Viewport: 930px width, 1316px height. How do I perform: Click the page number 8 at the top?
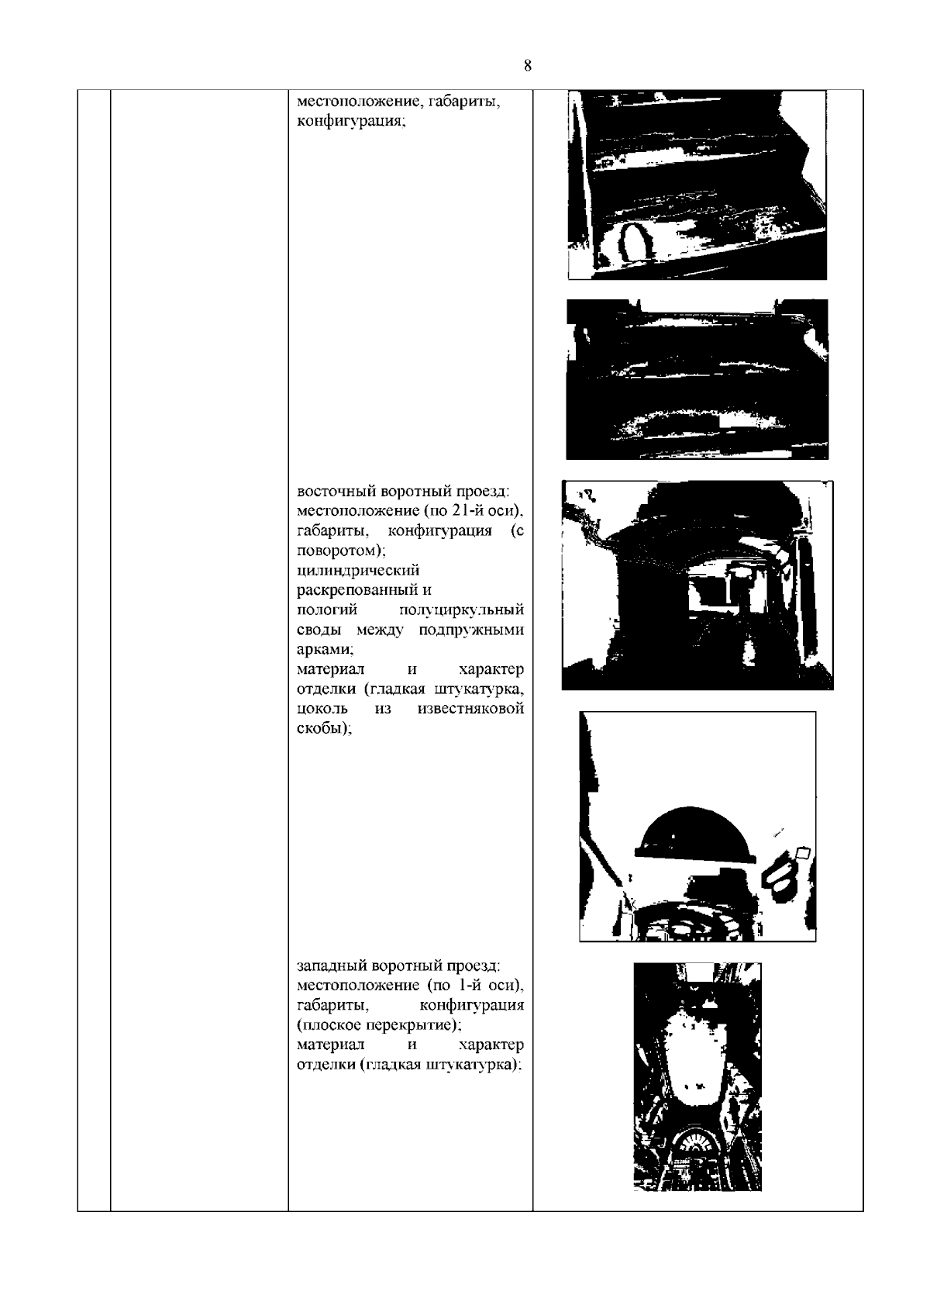coord(527,65)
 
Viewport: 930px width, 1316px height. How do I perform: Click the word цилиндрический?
coord(358,571)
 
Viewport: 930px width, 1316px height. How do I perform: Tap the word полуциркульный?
coord(461,610)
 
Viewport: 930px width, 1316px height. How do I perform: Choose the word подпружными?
coord(471,630)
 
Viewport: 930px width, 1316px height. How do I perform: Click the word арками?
coord(325,649)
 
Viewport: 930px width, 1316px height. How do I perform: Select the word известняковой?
coord(470,709)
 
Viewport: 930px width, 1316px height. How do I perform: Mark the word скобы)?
coord(324,728)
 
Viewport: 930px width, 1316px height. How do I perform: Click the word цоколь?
coord(322,709)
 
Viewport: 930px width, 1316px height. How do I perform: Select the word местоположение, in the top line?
coord(360,102)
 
